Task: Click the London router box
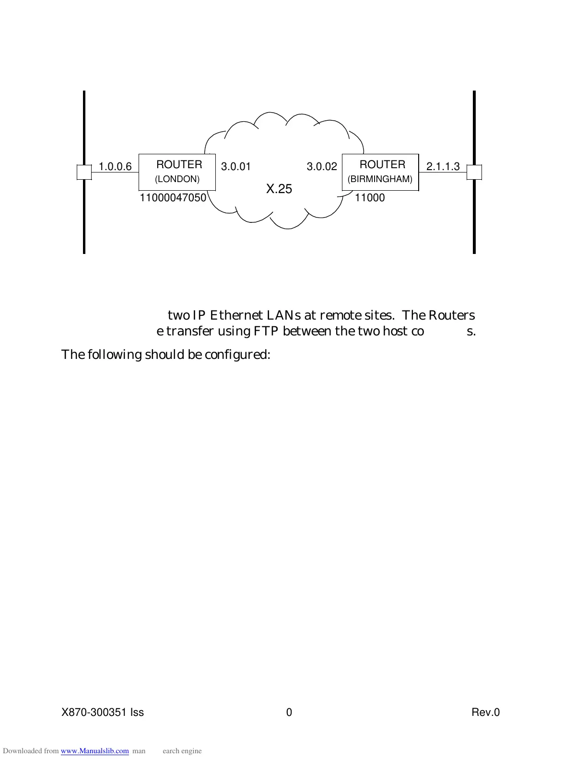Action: pyautogui.click(x=177, y=172)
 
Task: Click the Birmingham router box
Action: pyautogui.click(x=380, y=172)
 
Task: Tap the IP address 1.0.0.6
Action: pyautogui.click(x=115, y=167)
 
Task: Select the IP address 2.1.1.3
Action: pyautogui.click(x=443, y=167)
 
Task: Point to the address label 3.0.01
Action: pyautogui.click(x=235, y=167)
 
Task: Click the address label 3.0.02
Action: pyautogui.click(x=322, y=167)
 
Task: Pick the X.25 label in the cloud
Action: pyautogui.click(x=279, y=189)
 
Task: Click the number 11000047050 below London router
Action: pyautogui.click(x=173, y=198)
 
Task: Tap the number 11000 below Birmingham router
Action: pyautogui.click(x=369, y=198)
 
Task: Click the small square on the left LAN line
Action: pyautogui.click(x=84, y=172)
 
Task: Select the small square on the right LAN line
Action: pyautogui.click(x=474, y=172)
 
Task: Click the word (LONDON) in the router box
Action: pyautogui.click(x=177, y=179)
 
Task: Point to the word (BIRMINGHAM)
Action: pyautogui.click(x=380, y=179)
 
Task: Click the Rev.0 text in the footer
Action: pyautogui.click(x=485, y=713)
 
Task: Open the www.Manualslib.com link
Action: pyautogui.click(x=95, y=751)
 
